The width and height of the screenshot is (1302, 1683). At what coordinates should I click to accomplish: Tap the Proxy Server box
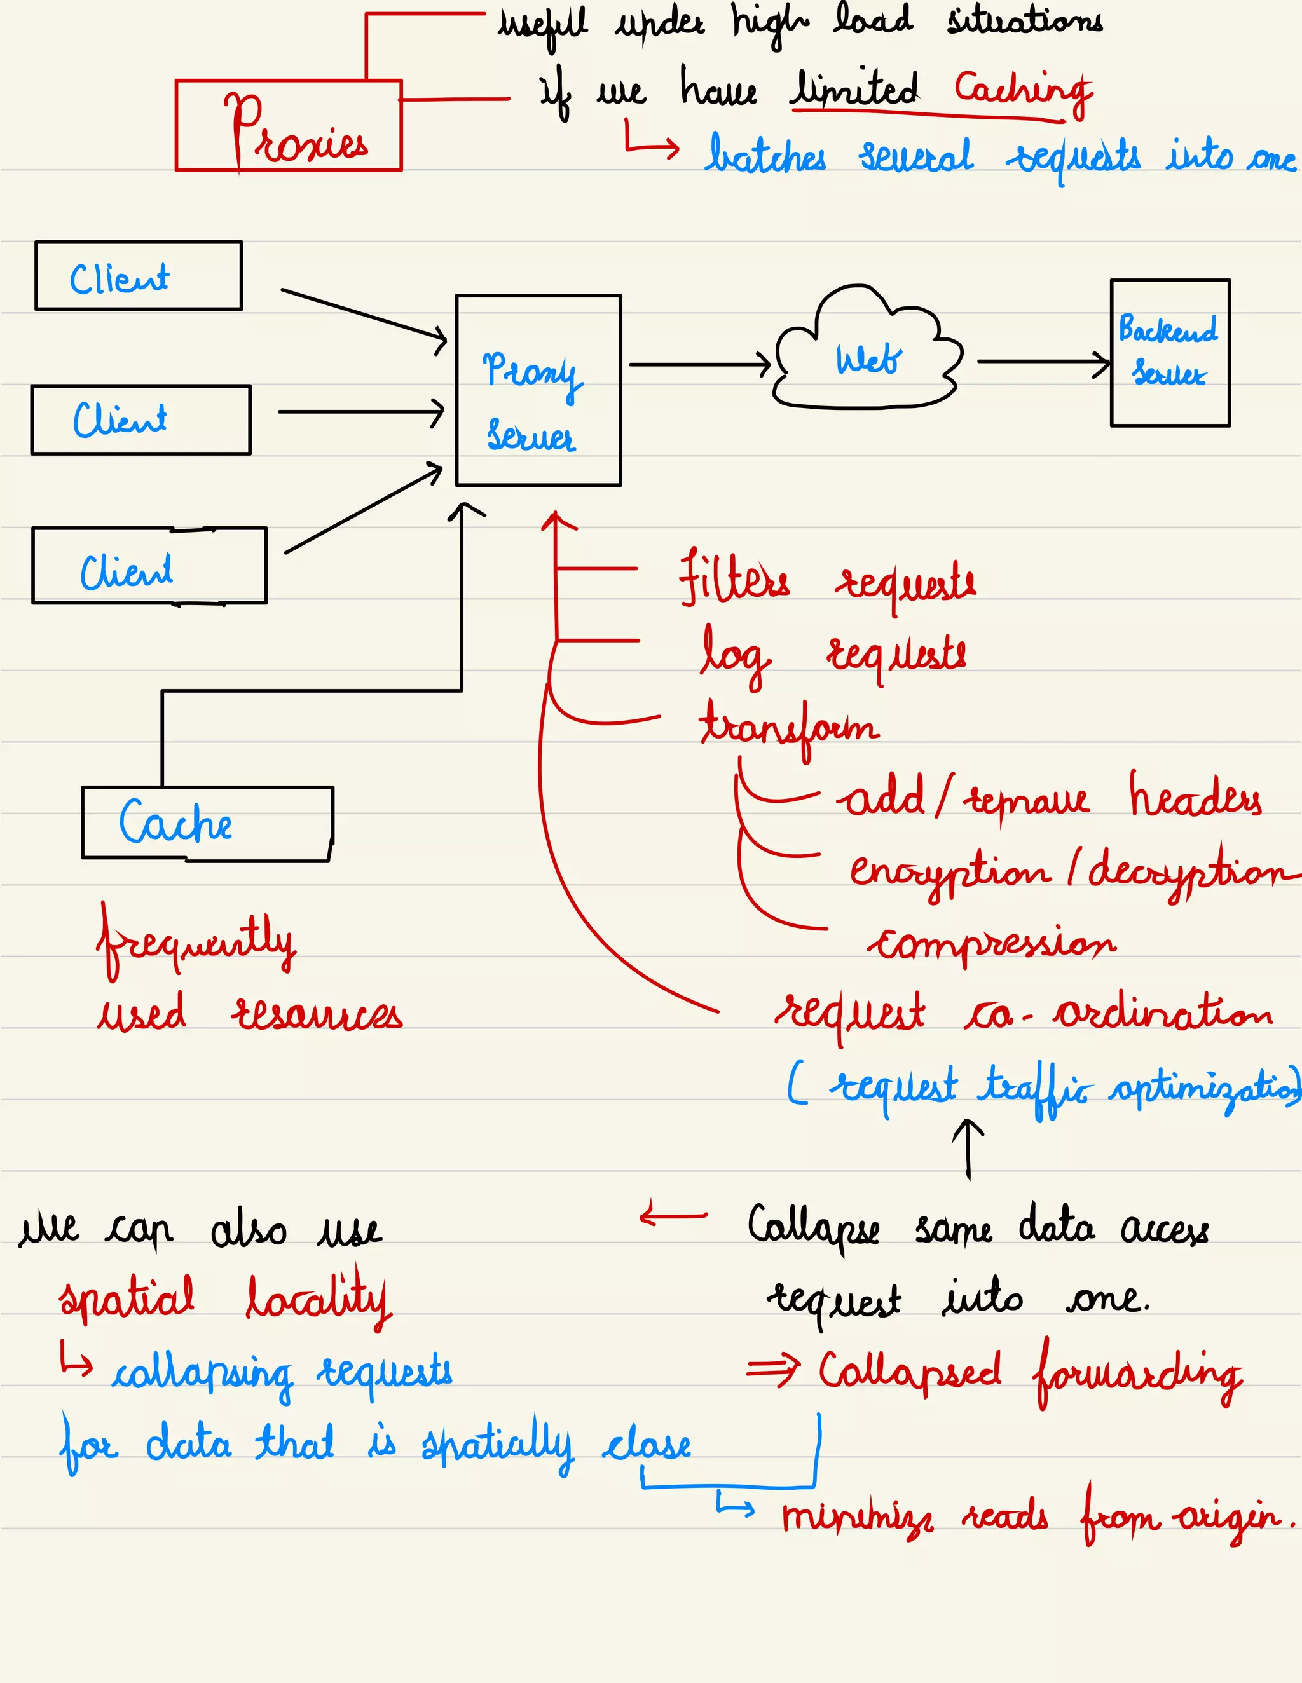538,390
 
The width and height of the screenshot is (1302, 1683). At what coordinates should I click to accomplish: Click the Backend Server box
1169,352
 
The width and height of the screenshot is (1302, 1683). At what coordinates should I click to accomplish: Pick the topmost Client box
139,276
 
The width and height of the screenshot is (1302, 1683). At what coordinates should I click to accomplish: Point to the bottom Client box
149,565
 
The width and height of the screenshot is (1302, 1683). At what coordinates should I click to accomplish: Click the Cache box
207,822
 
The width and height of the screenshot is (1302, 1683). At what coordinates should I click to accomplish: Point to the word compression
992,943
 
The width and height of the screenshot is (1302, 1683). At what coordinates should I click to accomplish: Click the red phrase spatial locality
225,1298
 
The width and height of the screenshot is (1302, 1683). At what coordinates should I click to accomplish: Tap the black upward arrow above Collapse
968,1148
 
